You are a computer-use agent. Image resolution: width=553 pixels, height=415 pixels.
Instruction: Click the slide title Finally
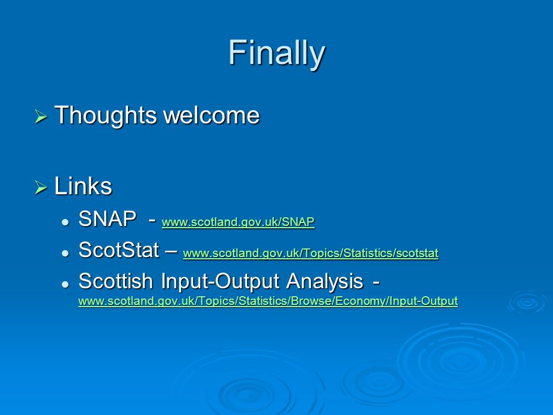(276, 53)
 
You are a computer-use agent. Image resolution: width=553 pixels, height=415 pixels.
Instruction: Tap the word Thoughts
(105, 115)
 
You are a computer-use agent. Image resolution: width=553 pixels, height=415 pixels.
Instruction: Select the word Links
(83, 186)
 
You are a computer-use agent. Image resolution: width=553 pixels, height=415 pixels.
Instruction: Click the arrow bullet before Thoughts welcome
(41, 116)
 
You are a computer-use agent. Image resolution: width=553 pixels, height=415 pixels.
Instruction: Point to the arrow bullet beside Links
(41, 187)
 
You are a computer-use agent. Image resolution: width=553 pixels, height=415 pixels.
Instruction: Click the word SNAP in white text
(108, 219)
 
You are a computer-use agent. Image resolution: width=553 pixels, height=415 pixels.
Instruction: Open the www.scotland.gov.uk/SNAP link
(238, 222)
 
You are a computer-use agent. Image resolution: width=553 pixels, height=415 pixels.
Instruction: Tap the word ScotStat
(119, 250)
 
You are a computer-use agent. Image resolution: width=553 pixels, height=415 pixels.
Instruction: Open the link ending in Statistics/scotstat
(310, 253)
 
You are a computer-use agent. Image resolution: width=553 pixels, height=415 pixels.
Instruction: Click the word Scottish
(116, 281)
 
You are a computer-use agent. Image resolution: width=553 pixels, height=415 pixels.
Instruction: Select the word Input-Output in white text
(220, 282)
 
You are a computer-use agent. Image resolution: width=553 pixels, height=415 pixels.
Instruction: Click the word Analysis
(325, 282)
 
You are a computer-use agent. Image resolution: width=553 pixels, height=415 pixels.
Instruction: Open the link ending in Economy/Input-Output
(268, 301)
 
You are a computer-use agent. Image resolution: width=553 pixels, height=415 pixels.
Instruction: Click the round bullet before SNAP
(65, 222)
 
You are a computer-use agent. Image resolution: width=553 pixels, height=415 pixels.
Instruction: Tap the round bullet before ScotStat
(65, 253)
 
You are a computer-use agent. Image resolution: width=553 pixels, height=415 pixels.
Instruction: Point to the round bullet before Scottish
(65, 284)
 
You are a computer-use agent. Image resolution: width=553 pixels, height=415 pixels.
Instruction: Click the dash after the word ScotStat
(171, 251)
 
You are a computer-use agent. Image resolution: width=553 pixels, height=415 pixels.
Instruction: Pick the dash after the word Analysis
(376, 282)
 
